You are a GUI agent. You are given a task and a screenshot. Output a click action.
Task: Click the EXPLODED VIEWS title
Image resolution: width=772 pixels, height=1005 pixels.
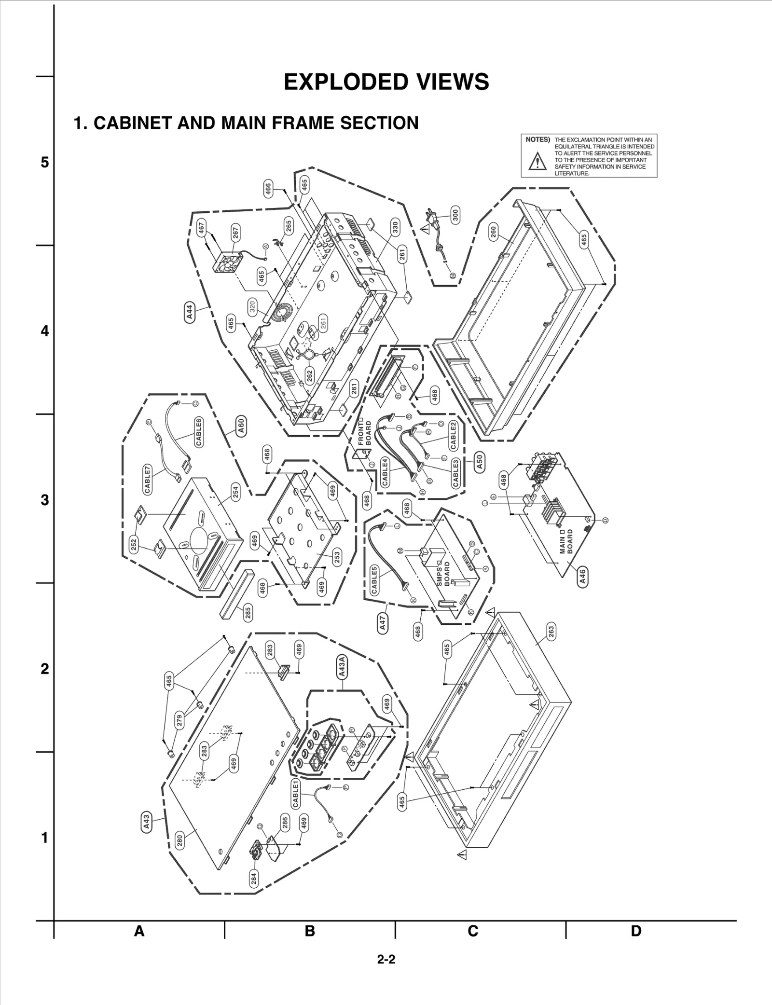(x=386, y=82)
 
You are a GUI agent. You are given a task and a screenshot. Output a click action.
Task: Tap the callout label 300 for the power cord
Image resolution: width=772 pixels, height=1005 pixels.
(x=455, y=214)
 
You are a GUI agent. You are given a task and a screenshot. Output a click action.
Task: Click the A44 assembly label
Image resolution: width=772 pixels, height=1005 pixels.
(x=190, y=312)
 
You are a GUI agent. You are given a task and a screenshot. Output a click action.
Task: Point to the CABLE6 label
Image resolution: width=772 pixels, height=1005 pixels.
(x=199, y=432)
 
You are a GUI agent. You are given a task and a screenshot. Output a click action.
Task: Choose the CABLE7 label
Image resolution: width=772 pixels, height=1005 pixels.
(x=148, y=479)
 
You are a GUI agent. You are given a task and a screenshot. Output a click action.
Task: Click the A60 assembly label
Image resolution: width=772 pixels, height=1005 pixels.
(x=242, y=426)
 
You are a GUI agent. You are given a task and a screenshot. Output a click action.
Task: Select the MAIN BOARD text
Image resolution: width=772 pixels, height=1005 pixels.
(x=566, y=541)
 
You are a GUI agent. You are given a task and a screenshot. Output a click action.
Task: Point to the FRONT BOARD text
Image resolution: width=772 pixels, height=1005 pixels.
(x=365, y=433)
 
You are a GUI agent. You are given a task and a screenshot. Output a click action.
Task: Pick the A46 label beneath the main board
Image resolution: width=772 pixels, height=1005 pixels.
(x=582, y=576)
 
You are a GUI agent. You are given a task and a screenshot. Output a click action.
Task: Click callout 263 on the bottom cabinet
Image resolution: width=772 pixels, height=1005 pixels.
(x=551, y=631)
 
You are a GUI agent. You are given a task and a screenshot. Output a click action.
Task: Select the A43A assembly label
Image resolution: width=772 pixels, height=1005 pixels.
(x=342, y=667)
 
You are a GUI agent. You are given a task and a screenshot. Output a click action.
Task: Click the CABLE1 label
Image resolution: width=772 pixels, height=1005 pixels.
(x=295, y=794)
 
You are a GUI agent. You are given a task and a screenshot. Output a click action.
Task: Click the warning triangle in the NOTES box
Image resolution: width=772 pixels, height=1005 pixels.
(x=536, y=161)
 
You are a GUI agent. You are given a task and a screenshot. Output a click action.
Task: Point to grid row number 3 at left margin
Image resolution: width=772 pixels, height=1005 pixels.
(x=44, y=500)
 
